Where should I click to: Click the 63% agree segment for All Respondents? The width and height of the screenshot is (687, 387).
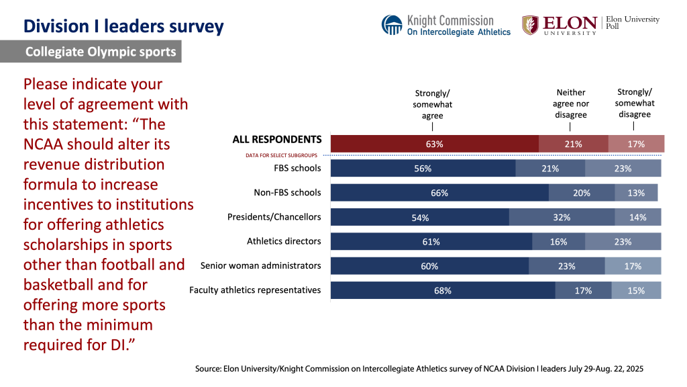tap(435, 144)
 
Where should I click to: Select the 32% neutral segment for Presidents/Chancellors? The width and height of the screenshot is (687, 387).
tap(562, 217)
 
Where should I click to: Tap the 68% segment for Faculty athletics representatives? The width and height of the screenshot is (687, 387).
tap(442, 290)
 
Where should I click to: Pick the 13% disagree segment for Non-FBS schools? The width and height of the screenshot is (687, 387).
tap(636, 193)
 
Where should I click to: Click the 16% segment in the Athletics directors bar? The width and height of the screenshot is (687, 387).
tap(558, 242)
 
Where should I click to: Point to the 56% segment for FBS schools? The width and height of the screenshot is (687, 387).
tap(423, 169)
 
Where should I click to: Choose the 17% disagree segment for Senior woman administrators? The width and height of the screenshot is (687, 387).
tap(633, 266)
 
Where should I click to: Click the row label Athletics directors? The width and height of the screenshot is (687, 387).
tap(284, 241)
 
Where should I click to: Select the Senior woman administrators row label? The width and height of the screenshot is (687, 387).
tap(260, 265)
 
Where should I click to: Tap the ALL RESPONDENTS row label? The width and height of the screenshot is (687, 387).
tap(276, 140)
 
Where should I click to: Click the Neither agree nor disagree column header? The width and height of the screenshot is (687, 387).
tap(571, 103)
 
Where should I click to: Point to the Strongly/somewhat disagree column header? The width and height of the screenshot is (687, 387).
tap(634, 103)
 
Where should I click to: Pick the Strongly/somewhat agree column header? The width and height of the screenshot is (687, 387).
tap(433, 105)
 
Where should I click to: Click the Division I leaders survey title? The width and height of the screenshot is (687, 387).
tap(123, 26)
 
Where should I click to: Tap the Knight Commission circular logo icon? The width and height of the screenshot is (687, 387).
tap(392, 25)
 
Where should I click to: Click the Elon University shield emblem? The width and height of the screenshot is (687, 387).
tap(530, 25)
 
